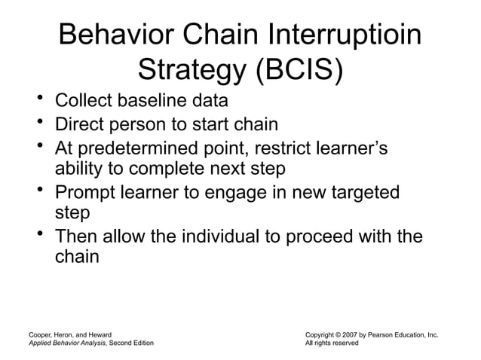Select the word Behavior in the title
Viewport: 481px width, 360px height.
pos(113,36)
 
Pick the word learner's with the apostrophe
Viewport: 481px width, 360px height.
pos(354,148)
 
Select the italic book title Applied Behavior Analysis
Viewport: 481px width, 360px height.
pos(67,343)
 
